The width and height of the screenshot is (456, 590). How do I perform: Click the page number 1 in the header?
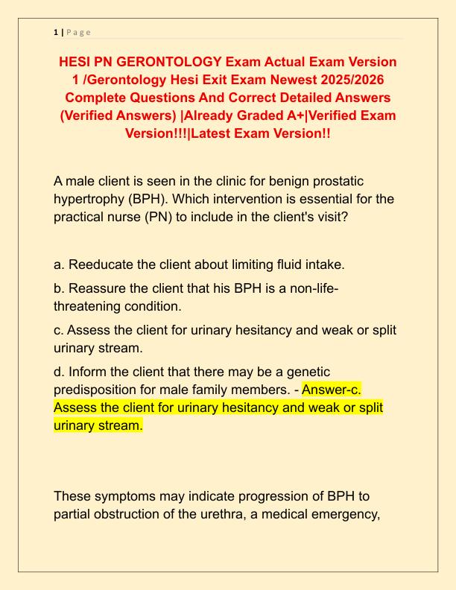55,32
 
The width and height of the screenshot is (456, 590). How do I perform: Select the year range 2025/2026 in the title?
346,79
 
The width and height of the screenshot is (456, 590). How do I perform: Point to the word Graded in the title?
255,115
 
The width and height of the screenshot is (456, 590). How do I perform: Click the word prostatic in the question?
345,182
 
